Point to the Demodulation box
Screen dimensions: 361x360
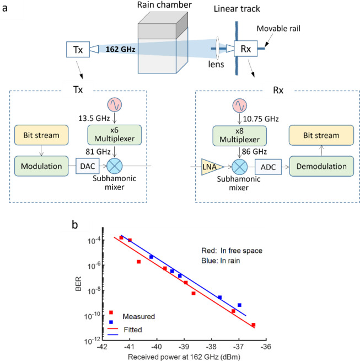322,166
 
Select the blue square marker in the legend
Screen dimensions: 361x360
111,321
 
